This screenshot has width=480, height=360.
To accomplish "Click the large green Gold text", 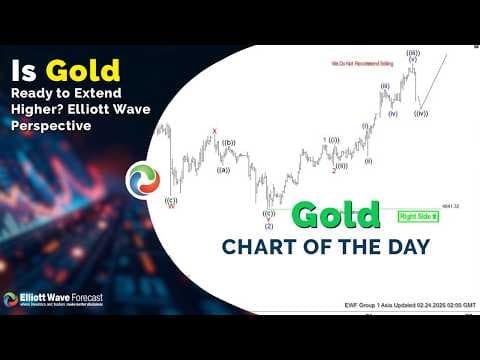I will click(337, 215).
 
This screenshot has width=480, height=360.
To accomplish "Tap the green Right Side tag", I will click(418, 215).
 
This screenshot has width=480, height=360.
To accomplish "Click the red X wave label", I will click(213, 131).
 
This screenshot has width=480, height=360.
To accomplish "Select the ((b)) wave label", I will click(229, 143).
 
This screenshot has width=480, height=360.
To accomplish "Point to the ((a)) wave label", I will click(223, 169).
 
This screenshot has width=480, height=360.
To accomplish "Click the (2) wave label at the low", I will click(269, 225).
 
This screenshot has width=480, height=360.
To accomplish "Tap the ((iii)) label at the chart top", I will click(412, 52).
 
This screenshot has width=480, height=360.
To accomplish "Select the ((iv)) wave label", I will click(421, 113).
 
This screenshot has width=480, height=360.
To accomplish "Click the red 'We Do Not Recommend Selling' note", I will click(358, 63).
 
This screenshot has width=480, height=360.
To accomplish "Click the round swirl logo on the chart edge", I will click(143, 180).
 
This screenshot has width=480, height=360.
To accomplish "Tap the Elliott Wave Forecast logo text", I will click(60, 298).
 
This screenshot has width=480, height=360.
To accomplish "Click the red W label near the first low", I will click(171, 206).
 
